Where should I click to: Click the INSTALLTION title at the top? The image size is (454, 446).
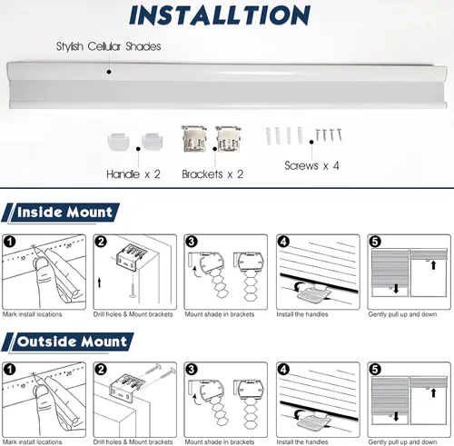[x=220, y=15]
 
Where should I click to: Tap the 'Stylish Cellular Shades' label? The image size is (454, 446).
[x=108, y=46]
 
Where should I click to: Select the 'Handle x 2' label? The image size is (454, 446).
[x=133, y=174]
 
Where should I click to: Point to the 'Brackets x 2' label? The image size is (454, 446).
[x=212, y=174]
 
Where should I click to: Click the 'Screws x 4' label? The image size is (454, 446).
[x=311, y=165]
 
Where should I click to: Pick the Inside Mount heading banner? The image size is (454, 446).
[x=61, y=213]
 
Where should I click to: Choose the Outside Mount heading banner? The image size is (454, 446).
[x=68, y=342]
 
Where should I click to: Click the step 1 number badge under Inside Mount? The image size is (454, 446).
[x=10, y=242]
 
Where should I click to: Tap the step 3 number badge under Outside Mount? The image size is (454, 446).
[x=192, y=370]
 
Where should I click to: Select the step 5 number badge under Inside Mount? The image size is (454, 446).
[x=375, y=242]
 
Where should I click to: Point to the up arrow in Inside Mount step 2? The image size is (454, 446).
[x=99, y=282]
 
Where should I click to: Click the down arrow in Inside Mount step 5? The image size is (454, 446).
[x=396, y=289]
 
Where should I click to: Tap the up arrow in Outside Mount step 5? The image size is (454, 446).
[x=433, y=393]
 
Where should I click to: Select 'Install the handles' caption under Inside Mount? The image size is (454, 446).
[x=302, y=314]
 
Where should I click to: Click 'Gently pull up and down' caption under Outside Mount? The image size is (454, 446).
[x=402, y=442]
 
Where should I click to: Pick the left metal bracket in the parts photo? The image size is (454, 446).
[x=194, y=138]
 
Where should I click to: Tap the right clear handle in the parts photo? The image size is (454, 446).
[x=153, y=141]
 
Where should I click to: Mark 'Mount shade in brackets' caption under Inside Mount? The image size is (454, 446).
[x=220, y=314]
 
